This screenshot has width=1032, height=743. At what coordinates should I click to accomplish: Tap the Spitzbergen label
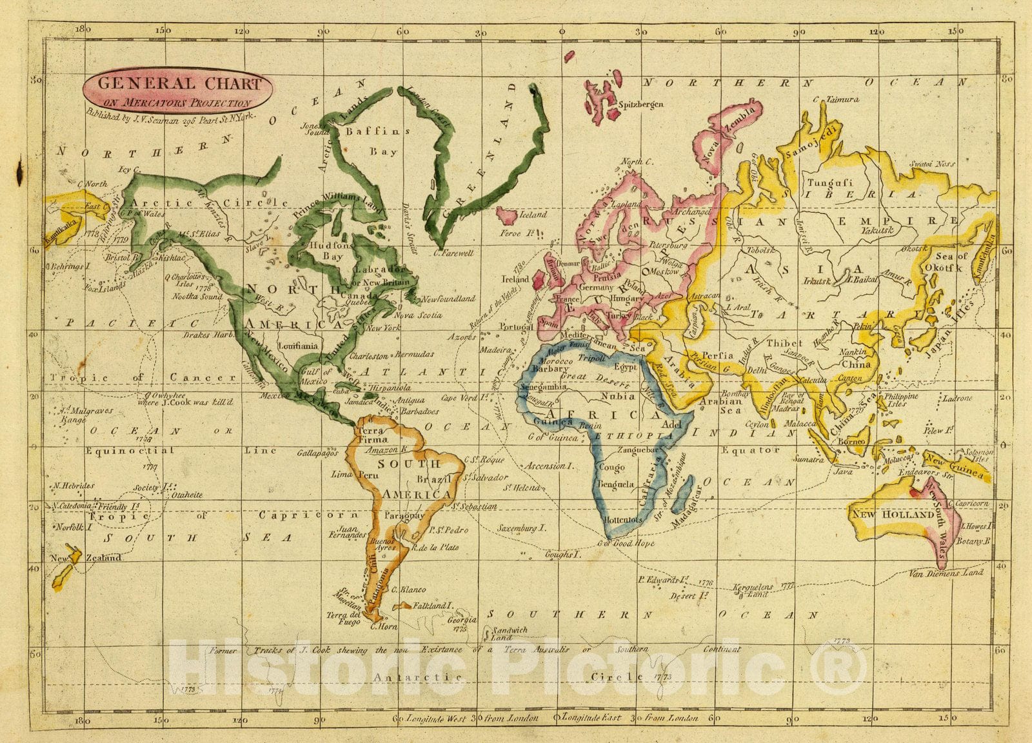click(x=640, y=104)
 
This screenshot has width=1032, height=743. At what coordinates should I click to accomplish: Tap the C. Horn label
click(x=382, y=626)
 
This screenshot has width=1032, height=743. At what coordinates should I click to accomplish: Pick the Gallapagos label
click(x=318, y=453)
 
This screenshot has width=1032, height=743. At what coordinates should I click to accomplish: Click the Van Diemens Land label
click(x=946, y=572)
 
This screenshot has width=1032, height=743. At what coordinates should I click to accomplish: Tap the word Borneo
click(x=851, y=442)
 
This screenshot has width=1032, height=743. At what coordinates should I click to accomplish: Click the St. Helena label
click(x=522, y=487)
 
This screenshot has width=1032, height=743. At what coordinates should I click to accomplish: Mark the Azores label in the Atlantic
click(x=462, y=337)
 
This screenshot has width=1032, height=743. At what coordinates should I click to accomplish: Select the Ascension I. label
click(x=548, y=466)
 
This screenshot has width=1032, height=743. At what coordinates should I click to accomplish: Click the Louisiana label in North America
click(x=297, y=346)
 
